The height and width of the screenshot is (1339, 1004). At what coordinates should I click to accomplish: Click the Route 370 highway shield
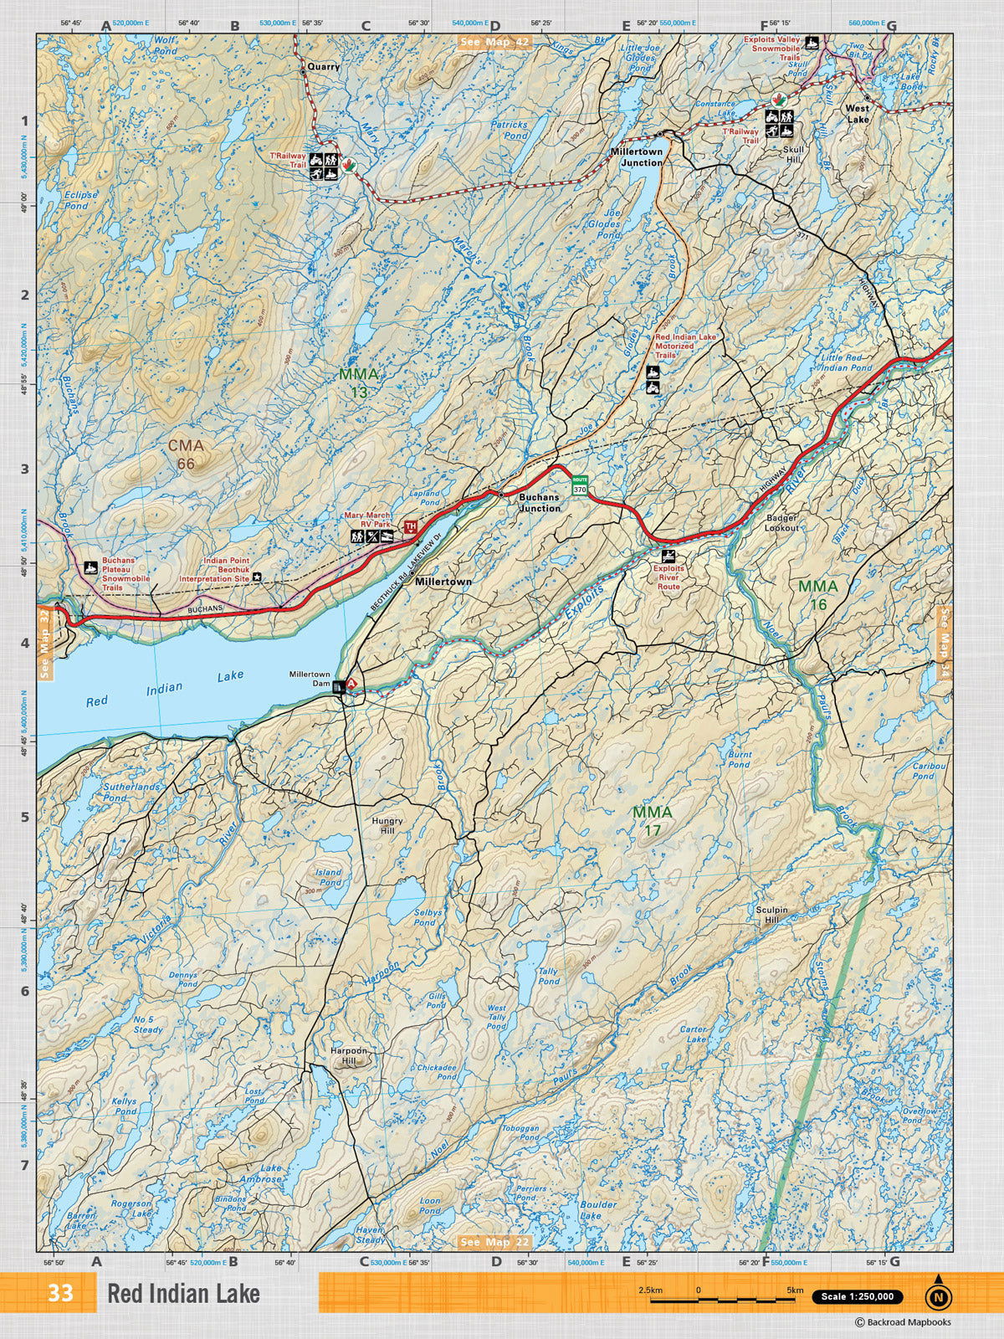coord(580,485)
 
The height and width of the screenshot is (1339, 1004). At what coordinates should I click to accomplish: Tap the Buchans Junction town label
coord(540,502)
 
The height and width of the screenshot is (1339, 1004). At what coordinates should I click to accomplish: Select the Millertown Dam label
coord(310,679)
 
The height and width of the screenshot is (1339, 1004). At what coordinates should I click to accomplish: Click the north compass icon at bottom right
coord(939,1295)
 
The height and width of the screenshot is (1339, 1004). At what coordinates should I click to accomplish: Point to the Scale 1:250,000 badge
coord(858,1296)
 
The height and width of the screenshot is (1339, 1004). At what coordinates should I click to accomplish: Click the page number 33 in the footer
coord(60,1293)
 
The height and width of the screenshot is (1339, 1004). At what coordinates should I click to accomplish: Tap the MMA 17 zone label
coord(652,821)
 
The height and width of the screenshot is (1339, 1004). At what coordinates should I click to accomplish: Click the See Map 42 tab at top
coord(494,43)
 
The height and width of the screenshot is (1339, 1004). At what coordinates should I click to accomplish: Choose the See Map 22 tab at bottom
coord(494,1242)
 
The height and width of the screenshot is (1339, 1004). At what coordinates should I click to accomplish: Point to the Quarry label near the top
coord(324,66)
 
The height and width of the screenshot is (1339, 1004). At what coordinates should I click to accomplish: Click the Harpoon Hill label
coord(348,1055)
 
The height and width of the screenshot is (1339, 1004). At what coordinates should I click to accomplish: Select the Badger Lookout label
coord(781,523)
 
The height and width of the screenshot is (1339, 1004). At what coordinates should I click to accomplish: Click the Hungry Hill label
coord(387,826)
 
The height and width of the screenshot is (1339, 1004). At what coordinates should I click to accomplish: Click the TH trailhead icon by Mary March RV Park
coord(410,526)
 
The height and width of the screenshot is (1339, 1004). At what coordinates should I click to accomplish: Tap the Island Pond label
coord(328,877)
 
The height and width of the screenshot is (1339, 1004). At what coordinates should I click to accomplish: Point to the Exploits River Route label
coord(668,577)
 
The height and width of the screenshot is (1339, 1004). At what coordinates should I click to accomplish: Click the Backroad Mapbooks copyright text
coord(903,1322)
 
